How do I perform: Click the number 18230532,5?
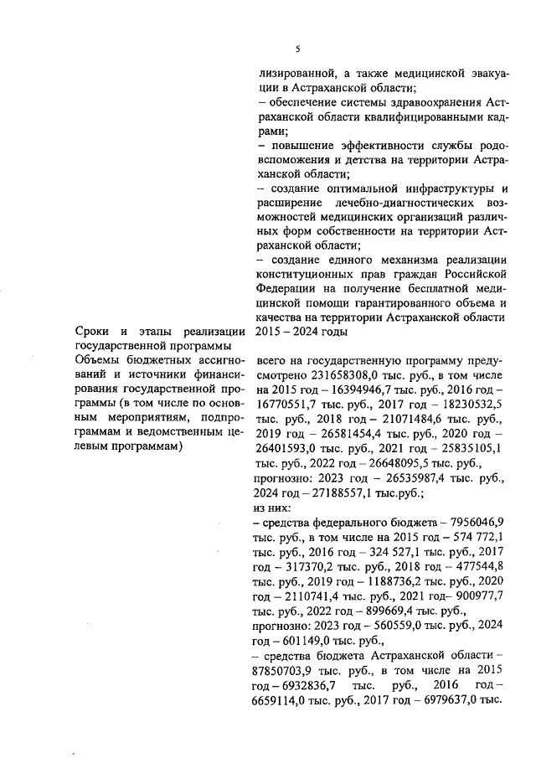472,405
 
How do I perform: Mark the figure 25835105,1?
472,449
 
